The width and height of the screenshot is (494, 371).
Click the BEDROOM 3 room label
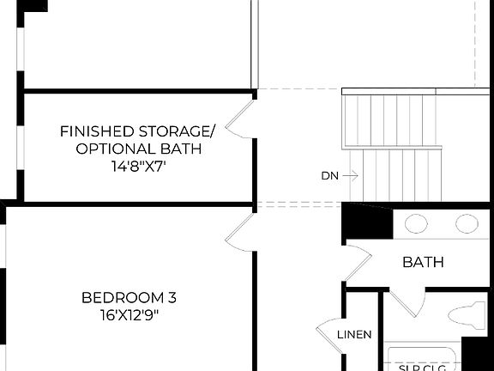click(129, 297)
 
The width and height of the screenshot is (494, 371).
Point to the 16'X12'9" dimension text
click(129, 314)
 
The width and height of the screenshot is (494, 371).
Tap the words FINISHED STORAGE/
click(137, 131)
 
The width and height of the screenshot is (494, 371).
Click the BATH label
click(423, 262)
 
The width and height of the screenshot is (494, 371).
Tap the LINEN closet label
click(354, 334)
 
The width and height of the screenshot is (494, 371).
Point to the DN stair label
click(330, 176)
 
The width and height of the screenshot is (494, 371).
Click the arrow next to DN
click(352, 176)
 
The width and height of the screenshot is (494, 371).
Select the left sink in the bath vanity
click(416, 224)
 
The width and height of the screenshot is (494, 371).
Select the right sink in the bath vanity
click(467, 224)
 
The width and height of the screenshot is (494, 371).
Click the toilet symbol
click(467, 314)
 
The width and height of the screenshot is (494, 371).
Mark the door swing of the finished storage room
click(243, 118)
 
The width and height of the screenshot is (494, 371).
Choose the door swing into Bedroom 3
click(241, 232)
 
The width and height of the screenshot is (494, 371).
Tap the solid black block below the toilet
click(477, 353)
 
